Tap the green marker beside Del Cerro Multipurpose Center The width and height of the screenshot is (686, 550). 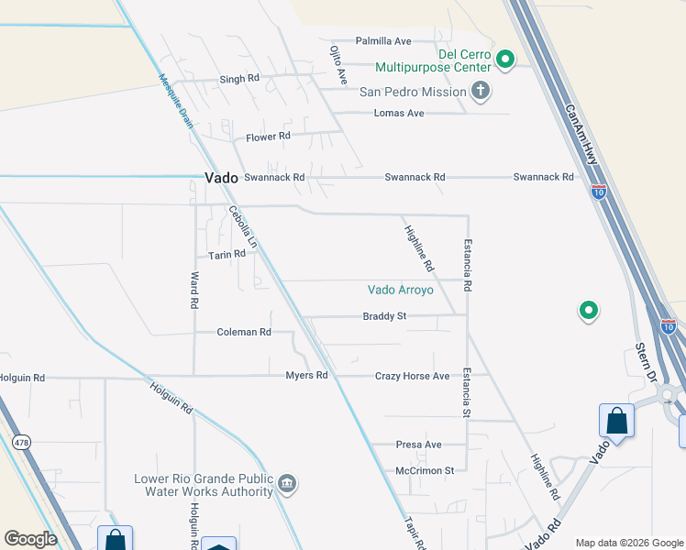504,60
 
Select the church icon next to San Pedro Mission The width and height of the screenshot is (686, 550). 479,90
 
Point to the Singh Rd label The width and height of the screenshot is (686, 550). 239,80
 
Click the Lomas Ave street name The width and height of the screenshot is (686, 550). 399,113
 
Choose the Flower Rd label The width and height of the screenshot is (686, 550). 268,137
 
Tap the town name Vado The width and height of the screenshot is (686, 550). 220,177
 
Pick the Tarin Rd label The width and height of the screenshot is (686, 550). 227,254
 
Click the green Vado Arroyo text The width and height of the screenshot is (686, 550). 406,290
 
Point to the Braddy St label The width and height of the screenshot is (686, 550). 383,316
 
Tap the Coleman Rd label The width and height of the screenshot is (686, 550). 244,332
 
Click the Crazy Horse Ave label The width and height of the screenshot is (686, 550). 412,376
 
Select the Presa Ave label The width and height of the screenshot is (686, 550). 419,445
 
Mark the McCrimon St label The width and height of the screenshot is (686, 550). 425,470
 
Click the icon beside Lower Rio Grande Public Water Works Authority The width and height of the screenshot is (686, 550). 287,483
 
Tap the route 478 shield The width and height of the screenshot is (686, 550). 20,442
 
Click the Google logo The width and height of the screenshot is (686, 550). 31,539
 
